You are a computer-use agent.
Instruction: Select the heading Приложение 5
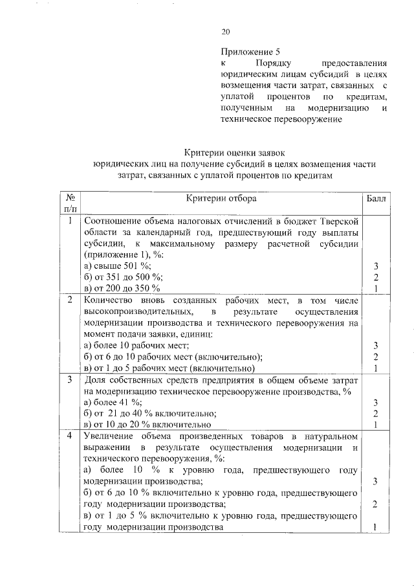click(250, 50)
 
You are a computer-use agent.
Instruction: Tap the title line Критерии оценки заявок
click(232, 153)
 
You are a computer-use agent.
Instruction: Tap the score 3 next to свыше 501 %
click(375, 266)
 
